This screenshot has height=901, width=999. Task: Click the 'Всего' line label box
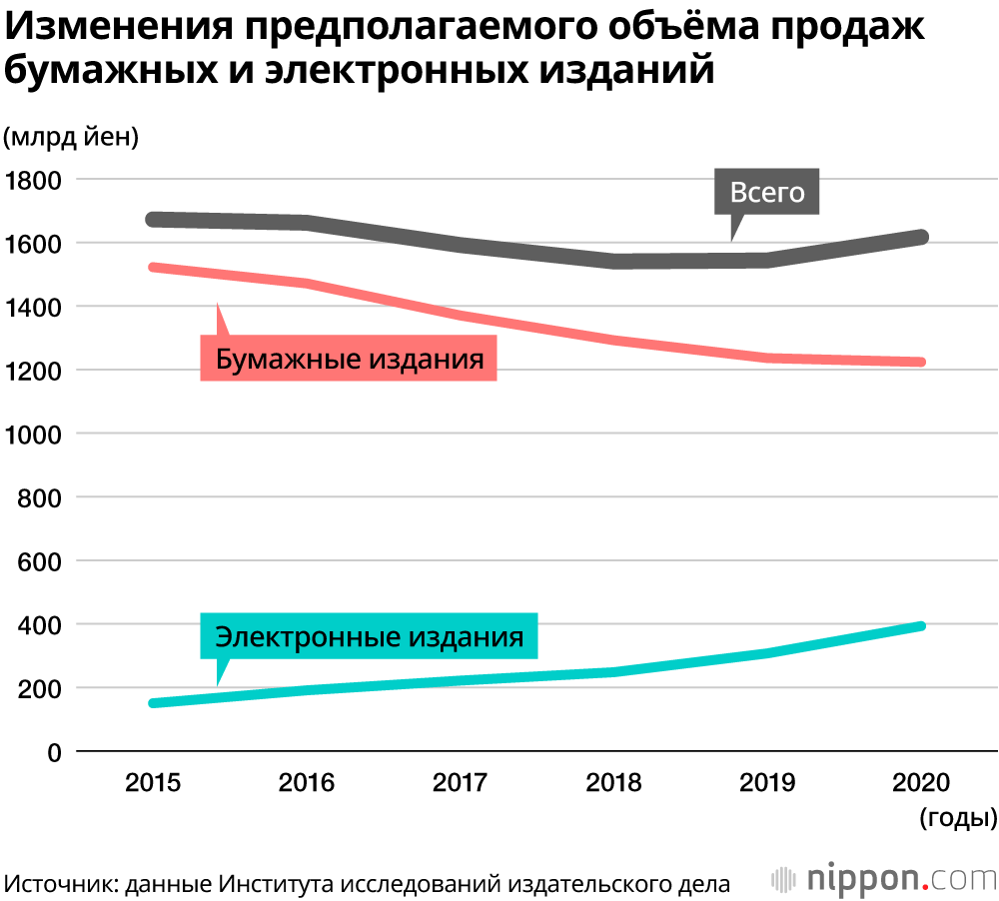767,192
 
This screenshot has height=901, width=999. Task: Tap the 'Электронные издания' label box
370,636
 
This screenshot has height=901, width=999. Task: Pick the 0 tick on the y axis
54,752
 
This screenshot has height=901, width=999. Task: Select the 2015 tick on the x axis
153,783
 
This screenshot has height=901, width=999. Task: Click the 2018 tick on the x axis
614,783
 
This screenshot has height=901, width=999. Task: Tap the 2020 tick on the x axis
922,783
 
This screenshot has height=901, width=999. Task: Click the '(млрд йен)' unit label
71,137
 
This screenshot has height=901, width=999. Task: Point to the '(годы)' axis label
957,818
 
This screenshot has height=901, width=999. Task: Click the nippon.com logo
884,879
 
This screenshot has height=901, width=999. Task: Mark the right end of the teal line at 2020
921,626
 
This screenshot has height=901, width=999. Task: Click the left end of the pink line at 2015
153,268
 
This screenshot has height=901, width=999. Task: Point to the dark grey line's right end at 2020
921,237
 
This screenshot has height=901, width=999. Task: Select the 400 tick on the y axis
40,625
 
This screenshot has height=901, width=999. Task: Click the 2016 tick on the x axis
307,783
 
